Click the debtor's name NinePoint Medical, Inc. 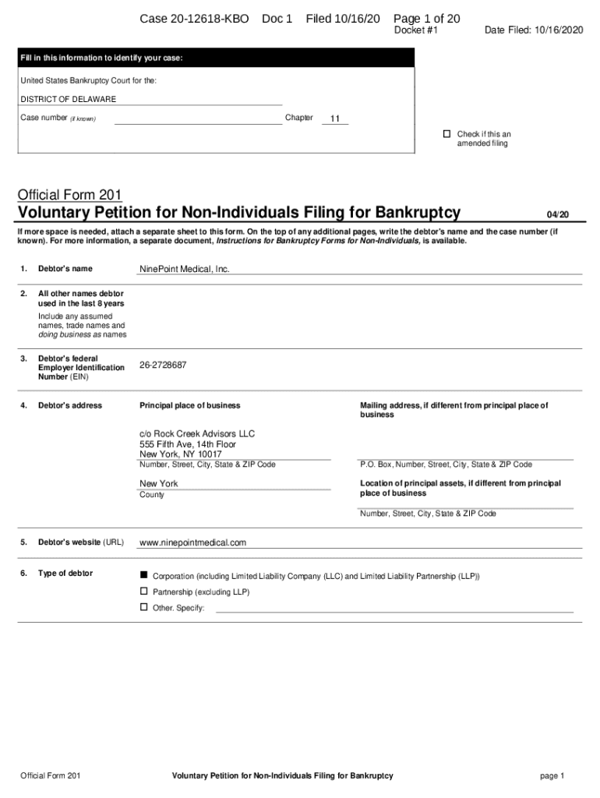pyautogui.click(x=184, y=269)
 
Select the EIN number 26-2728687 pyautogui.click(x=163, y=365)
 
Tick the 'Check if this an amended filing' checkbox pyautogui.click(x=447, y=134)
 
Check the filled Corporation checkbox pyautogui.click(x=143, y=575)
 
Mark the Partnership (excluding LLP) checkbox pyautogui.click(x=143, y=591)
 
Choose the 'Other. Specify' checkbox pyautogui.click(x=143, y=607)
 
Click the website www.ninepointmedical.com pyautogui.click(x=192, y=542)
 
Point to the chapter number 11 pyautogui.click(x=335, y=119)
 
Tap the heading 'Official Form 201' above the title pyautogui.click(x=69, y=195)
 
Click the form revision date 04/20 pyautogui.click(x=558, y=214)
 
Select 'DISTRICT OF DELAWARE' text pyautogui.click(x=68, y=100)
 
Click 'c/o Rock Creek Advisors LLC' pyautogui.click(x=197, y=433)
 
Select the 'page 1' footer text pyautogui.click(x=551, y=776)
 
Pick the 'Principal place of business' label pyautogui.click(x=189, y=405)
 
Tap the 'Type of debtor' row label pyautogui.click(x=65, y=574)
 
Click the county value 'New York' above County pyautogui.click(x=158, y=483)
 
